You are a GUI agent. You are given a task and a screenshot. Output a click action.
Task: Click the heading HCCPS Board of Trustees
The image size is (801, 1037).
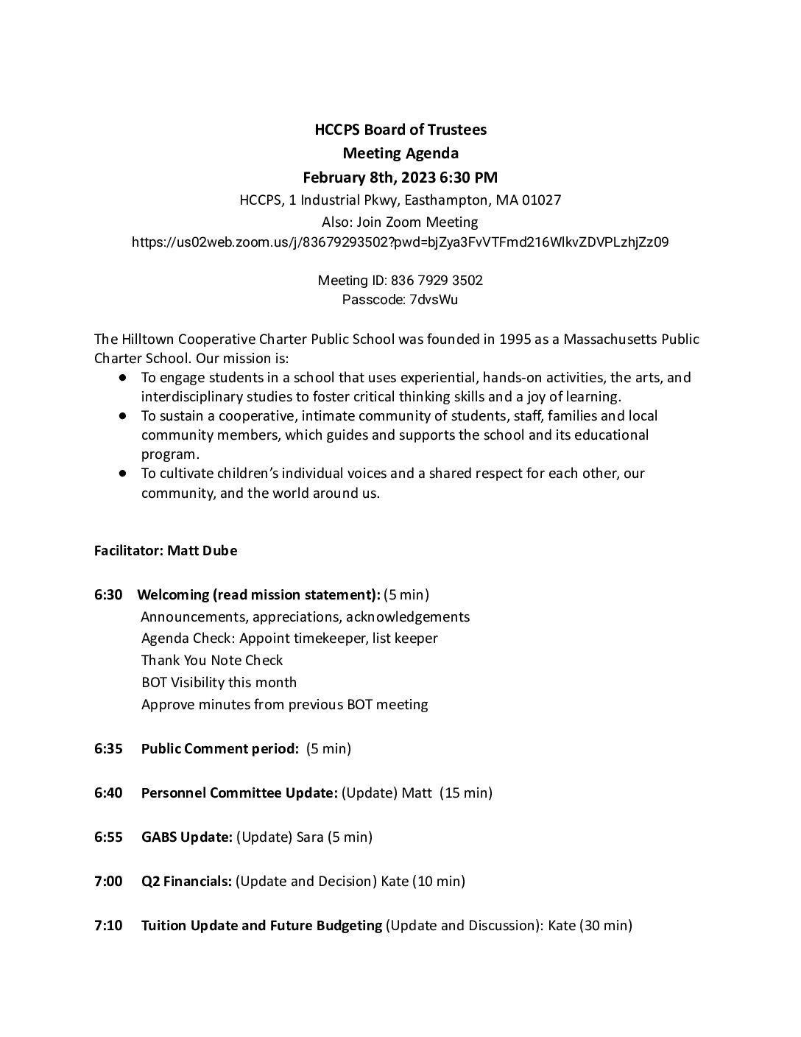pos(400,130)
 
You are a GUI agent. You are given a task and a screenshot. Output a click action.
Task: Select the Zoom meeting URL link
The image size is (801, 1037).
pos(400,242)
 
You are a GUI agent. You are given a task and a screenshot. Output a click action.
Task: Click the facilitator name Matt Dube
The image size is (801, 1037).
pos(202,551)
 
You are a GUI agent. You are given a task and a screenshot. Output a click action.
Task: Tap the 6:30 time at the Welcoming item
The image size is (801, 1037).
pos(108,594)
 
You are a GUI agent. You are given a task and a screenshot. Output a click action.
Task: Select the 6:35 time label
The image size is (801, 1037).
pos(108,749)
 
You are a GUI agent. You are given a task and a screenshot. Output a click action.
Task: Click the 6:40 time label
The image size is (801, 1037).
pos(108,793)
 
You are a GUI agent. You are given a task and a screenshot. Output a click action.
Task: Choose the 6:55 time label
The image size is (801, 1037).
pos(108,837)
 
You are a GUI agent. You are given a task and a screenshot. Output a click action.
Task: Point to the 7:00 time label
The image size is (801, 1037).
pos(108,882)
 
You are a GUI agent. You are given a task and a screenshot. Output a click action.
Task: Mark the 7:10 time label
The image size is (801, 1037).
pos(108,926)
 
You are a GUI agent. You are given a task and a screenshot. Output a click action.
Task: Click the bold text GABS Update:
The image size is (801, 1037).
pos(187,837)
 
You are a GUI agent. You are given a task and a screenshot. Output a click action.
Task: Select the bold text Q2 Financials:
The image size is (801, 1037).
pos(187,882)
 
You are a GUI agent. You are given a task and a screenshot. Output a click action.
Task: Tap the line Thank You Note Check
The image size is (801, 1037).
pos(212,661)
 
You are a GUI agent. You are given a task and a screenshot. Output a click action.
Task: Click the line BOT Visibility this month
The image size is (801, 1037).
pos(219,683)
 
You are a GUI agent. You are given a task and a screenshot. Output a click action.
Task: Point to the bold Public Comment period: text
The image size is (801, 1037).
pos(219,749)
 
